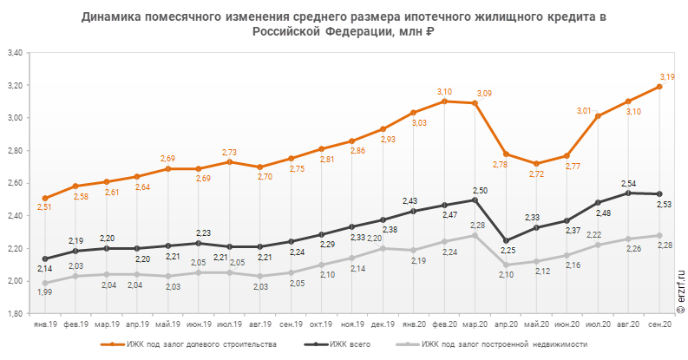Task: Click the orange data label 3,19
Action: (668, 77)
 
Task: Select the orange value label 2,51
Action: (45, 207)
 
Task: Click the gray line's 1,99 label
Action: (45, 292)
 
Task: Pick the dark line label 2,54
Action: (629, 183)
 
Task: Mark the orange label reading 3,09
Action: (483, 94)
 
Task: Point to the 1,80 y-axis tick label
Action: (15, 314)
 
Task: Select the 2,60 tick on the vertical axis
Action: (15, 183)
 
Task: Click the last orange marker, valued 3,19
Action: (660, 87)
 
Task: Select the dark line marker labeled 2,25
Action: (506, 240)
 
